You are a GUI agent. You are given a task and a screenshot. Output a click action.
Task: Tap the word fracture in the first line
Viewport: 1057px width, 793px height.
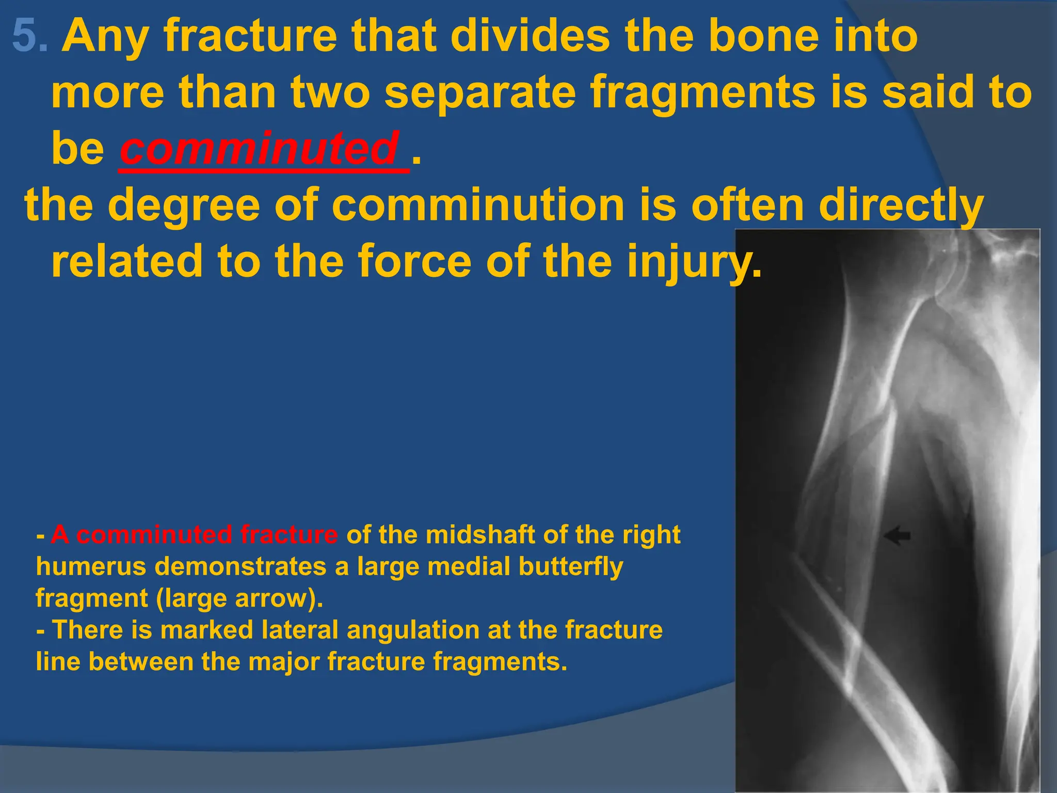click(250, 36)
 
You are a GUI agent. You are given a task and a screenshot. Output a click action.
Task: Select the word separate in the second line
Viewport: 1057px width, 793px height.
click(480, 92)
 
